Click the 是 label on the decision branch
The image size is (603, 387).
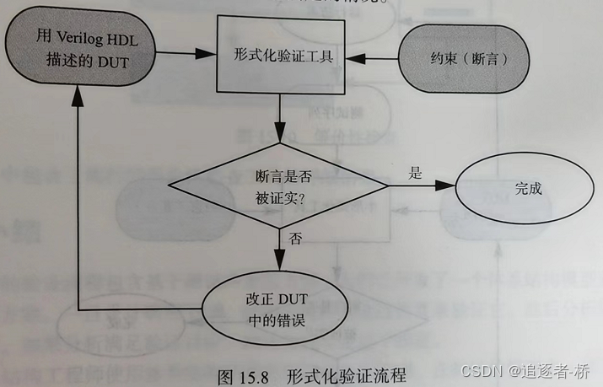pyautogui.click(x=415, y=172)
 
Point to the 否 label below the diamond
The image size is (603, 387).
pyautogui.click(x=293, y=239)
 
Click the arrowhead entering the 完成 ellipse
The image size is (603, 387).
pyautogui.click(x=449, y=187)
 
